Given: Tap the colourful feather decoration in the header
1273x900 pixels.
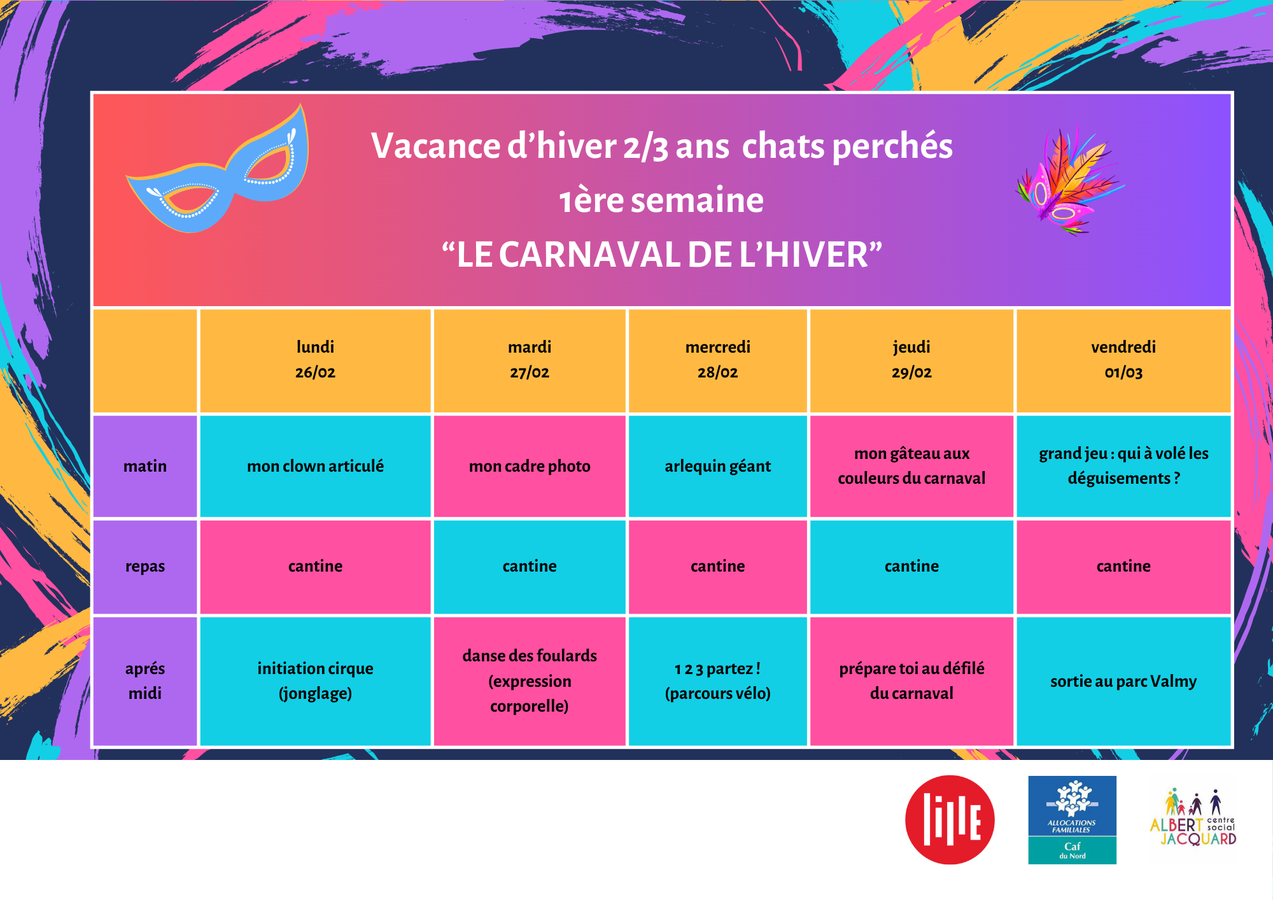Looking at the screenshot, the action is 1068,182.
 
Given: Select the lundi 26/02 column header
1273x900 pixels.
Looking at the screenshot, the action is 315,360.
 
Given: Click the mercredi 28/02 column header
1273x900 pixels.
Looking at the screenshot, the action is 717,360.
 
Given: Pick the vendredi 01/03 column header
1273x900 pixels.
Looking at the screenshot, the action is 1123,360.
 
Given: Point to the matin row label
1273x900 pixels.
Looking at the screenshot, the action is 145,466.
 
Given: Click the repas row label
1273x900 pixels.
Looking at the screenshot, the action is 145,566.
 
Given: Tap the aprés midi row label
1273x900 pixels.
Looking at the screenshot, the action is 145,681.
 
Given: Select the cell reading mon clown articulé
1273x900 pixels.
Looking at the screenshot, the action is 315,466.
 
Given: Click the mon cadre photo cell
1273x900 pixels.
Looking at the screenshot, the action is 530,466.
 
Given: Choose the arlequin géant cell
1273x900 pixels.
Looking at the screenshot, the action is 717,466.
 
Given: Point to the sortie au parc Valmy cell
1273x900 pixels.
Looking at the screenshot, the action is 1123,681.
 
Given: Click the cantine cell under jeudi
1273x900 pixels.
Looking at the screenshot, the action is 911,566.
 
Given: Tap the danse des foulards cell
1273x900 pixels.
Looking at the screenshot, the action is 530,681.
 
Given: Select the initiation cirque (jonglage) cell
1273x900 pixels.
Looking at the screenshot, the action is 315,681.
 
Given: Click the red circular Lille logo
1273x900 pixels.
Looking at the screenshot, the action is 950,820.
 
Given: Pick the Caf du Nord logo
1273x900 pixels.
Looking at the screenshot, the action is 1072,820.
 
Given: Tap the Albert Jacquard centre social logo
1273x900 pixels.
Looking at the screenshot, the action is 1193,819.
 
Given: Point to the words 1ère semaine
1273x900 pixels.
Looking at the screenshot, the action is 661,200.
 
